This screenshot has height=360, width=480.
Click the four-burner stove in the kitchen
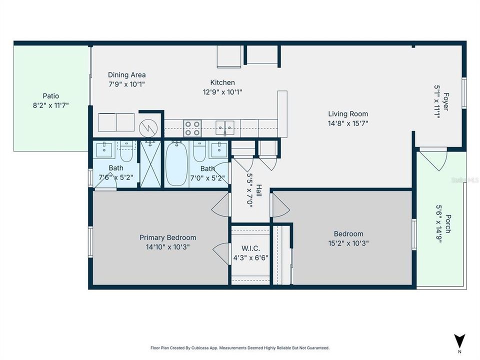pos(193,128)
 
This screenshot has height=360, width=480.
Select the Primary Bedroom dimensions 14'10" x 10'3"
pos(167,246)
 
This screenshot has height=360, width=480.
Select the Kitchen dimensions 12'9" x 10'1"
pos(222,91)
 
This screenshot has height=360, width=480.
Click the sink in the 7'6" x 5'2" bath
pos(106,148)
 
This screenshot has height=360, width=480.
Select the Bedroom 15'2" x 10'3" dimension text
pos(348,243)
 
